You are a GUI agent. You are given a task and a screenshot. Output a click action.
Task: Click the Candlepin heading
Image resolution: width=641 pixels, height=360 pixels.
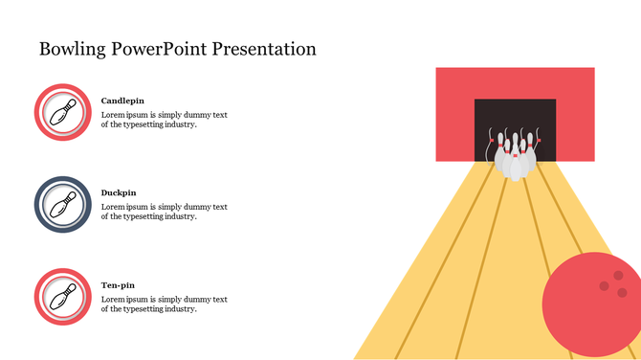click(123, 101)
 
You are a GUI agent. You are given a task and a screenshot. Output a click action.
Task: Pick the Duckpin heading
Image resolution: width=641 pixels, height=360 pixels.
click(119, 192)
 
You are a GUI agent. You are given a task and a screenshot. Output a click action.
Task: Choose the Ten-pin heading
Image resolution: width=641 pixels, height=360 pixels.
click(118, 285)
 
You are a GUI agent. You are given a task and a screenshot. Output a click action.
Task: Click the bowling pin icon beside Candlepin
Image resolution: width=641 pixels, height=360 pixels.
click(63, 112)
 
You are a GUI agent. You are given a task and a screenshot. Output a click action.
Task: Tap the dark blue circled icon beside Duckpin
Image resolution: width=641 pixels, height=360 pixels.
click(63, 204)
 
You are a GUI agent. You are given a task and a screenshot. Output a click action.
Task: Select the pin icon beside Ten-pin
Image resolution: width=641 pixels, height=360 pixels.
click(63, 297)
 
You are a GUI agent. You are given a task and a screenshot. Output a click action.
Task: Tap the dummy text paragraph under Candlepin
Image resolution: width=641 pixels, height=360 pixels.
click(164, 120)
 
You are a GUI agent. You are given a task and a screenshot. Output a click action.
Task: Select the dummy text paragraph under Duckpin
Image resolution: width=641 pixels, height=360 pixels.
click(164, 212)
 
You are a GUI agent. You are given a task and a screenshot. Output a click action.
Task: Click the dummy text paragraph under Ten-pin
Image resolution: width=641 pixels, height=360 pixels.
click(164, 304)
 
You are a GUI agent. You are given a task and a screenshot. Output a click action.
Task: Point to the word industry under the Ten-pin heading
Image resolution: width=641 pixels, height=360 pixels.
click(179, 309)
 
